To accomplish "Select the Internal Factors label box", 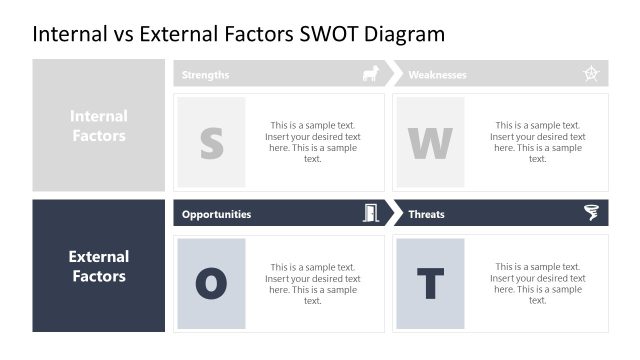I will point(99,125).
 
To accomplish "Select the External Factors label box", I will point(99,266).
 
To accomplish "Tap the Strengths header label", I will point(205,75).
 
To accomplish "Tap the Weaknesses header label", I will point(437,75).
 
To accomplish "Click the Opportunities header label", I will point(216,214).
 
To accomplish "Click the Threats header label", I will point(426,214).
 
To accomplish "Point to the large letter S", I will point(211,143).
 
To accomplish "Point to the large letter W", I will point(430,143).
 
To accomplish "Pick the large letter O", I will point(211,284).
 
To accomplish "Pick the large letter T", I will point(430,284).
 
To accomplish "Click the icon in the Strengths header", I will point(370,74).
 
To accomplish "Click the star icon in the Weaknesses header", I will point(591,74).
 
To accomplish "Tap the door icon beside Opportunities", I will point(370,213).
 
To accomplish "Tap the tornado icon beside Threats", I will point(591,213).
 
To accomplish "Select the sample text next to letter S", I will point(313,142).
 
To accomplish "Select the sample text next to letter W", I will point(537,142).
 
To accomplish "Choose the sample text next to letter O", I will point(313,284).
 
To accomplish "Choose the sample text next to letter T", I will point(537,284).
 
